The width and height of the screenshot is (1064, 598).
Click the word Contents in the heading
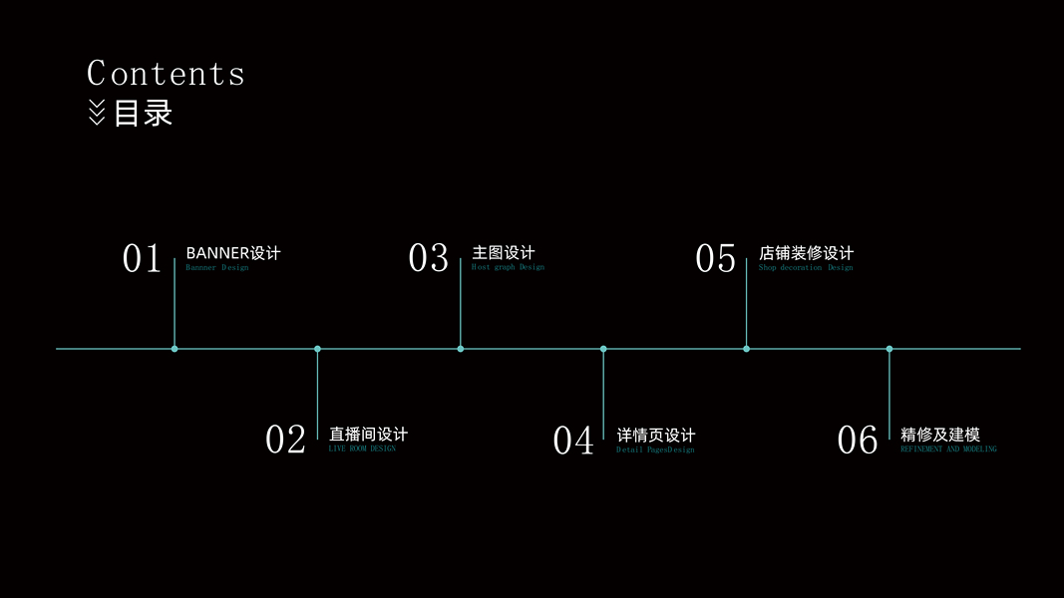pyautogui.click(x=166, y=74)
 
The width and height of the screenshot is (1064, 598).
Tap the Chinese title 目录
pyautogui.click(x=144, y=113)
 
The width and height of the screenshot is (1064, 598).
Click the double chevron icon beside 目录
pyautogui.click(x=97, y=113)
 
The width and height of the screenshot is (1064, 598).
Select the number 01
pyautogui.click(x=142, y=259)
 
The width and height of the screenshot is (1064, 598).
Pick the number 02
pyautogui.click(x=285, y=440)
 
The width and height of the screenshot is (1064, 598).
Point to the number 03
pyautogui.click(x=429, y=258)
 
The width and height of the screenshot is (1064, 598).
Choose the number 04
pyautogui.click(x=573, y=440)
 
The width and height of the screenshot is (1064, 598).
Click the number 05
pyautogui.click(x=715, y=259)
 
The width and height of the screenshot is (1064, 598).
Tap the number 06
pyautogui.click(x=858, y=440)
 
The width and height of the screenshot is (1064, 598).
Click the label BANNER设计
pyautogui.click(x=233, y=253)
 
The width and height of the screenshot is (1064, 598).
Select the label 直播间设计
pyautogui.click(x=368, y=435)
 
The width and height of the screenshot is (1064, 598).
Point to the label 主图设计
pyautogui.click(x=504, y=253)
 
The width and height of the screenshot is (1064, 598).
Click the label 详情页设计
pyautogui.click(x=656, y=435)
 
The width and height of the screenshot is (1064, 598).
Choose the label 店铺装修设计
pyautogui.click(x=806, y=253)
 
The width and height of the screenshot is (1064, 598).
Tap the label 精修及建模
pyautogui.click(x=940, y=435)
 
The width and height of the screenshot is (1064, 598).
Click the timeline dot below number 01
pyautogui.click(x=175, y=349)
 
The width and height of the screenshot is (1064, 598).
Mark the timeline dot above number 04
pyautogui.click(x=603, y=349)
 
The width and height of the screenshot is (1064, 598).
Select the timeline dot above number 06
pyautogui.click(x=889, y=349)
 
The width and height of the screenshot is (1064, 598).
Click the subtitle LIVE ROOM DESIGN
pyautogui.click(x=362, y=449)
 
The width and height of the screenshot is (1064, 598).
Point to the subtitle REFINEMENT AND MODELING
pyautogui.click(x=948, y=449)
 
